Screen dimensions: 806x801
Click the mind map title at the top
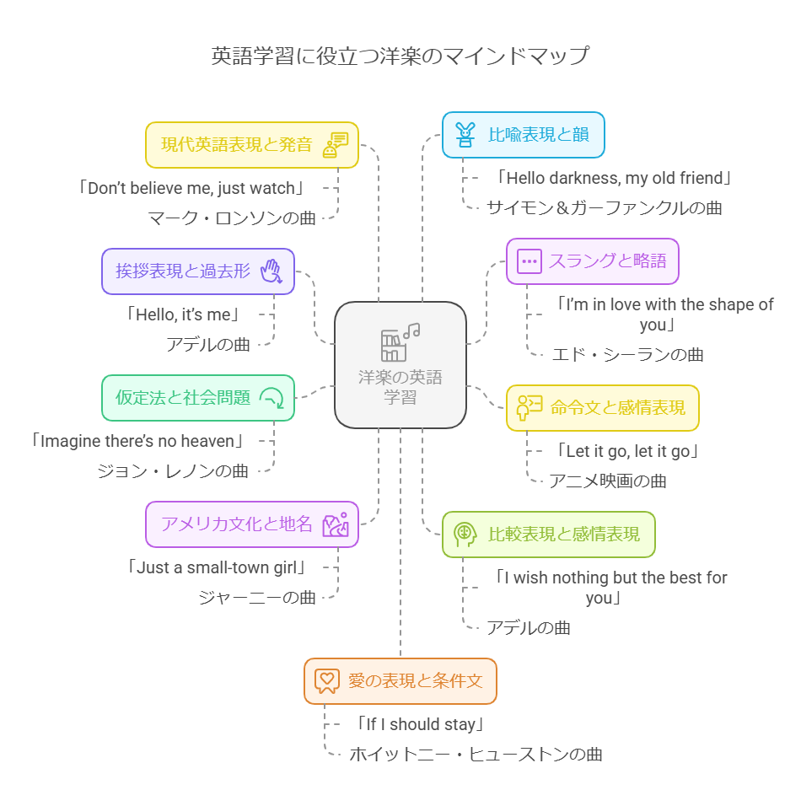(x=400, y=57)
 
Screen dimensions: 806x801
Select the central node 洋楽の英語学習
(x=400, y=365)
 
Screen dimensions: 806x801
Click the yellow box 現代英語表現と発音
(x=252, y=145)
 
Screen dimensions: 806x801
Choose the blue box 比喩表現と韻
(x=524, y=135)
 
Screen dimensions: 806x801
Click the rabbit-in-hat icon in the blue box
(x=465, y=135)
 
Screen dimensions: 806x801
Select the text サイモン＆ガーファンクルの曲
(x=604, y=207)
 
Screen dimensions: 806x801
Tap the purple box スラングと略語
(x=592, y=261)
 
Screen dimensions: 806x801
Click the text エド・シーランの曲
(x=627, y=354)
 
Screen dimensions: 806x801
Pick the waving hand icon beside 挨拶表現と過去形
(x=271, y=271)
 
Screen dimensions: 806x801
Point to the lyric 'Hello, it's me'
(x=183, y=314)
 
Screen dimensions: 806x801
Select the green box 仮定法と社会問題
(x=198, y=398)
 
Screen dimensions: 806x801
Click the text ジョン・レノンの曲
(x=173, y=470)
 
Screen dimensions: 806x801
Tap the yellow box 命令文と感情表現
(x=602, y=408)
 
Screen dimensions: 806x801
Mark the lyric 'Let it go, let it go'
(x=628, y=451)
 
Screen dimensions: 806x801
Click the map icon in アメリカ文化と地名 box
(x=336, y=524)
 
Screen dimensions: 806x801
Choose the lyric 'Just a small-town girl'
(x=215, y=567)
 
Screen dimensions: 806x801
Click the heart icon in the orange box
(x=326, y=680)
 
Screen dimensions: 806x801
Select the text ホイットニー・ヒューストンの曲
(x=476, y=754)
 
